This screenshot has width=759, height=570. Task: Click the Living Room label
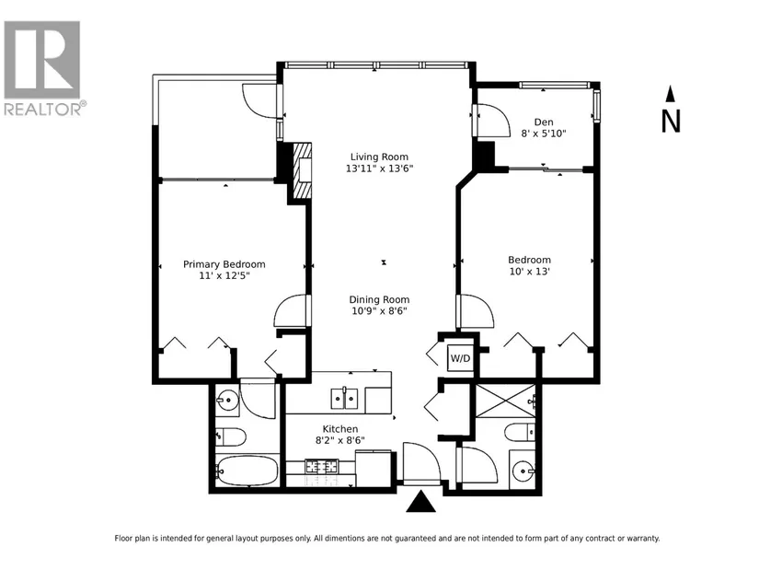click(379, 157)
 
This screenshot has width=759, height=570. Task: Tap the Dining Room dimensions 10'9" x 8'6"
click(379, 311)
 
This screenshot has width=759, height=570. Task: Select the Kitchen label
click(340, 429)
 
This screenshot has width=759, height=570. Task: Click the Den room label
click(544, 122)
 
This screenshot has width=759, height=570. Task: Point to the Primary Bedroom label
click(224, 264)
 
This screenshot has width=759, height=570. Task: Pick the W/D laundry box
click(460, 358)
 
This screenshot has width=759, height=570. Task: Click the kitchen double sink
click(344, 399)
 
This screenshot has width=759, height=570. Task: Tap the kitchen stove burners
click(321, 467)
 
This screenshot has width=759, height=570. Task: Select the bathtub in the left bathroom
click(247, 471)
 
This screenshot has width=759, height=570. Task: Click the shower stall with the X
click(505, 401)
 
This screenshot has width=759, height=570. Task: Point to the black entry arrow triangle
click(421, 502)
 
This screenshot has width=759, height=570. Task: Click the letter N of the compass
click(671, 122)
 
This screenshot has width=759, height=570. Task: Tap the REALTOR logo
click(42, 68)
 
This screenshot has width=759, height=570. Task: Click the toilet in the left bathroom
click(230, 436)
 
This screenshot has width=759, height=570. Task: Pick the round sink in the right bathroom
click(523, 470)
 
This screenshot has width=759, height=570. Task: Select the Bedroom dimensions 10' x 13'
click(530, 272)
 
